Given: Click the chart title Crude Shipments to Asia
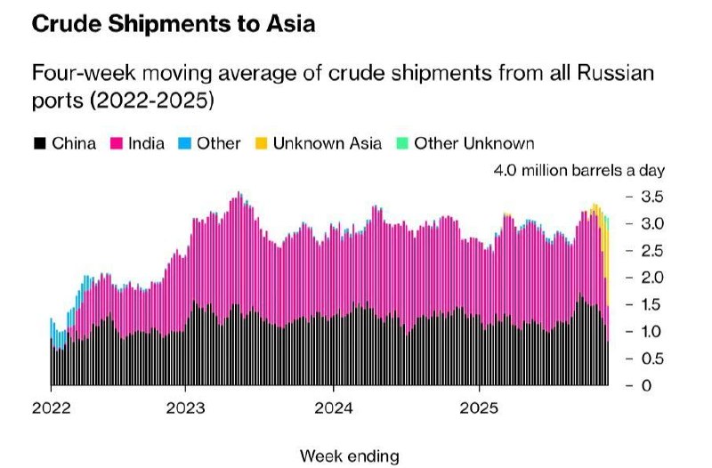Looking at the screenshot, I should (x=173, y=25).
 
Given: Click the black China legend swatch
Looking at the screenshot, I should (x=40, y=142).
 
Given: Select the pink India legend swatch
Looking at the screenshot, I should (x=116, y=142).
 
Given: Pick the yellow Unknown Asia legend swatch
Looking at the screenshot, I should (x=262, y=142).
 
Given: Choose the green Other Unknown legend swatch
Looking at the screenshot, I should (x=402, y=142).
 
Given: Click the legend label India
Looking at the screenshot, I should (x=145, y=142).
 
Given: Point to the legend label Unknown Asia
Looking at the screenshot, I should (x=328, y=142).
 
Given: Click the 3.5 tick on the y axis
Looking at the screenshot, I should (x=652, y=196).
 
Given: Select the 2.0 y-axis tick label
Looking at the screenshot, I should (x=652, y=278).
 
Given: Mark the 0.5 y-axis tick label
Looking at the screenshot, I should (x=652, y=359).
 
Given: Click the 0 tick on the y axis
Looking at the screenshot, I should (x=647, y=385).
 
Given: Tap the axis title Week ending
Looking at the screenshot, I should (x=350, y=456).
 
